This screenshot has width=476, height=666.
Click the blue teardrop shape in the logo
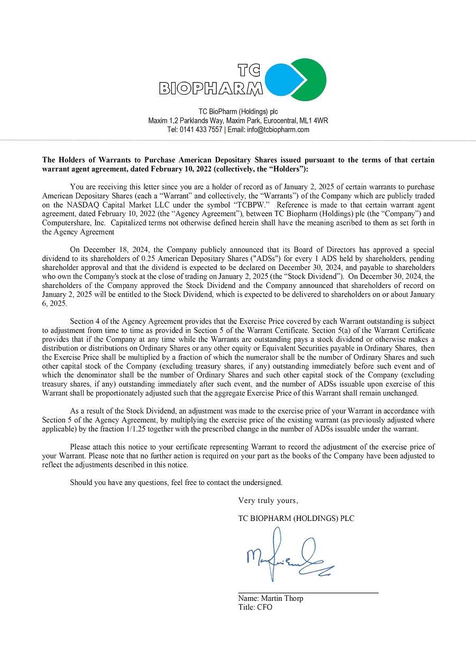tap(283, 80)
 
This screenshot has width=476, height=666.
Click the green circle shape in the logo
tap(312, 79)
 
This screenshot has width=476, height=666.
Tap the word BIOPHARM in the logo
tap(210, 88)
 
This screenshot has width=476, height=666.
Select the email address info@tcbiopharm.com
tap(278, 130)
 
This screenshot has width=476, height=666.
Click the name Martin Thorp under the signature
tap(282, 598)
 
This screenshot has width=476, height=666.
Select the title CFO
tap(264, 607)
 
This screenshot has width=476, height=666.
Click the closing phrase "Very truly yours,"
tap(268, 500)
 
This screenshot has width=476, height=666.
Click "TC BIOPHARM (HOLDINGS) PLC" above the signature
tap(296, 518)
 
